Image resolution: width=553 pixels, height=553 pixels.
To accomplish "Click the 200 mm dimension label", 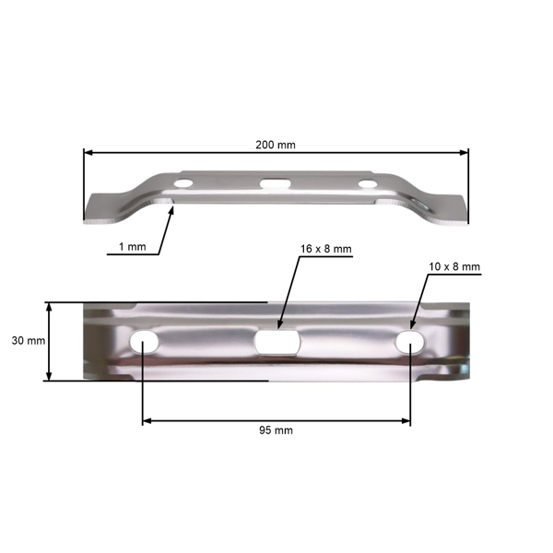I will pos(276,145).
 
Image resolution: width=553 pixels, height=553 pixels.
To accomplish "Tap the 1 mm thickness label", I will pos(132,248).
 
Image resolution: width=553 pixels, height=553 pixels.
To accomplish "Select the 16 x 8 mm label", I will pos(326,249).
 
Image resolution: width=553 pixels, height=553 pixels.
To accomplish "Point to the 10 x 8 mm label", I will pos(454,266).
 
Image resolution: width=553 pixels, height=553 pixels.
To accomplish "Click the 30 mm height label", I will pos(28,341).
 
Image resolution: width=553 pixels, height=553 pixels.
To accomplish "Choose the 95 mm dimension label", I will pos(276,430).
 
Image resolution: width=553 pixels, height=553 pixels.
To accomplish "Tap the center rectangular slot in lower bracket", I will pos(276,342).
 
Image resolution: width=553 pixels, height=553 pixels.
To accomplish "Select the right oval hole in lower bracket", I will pos(409,342).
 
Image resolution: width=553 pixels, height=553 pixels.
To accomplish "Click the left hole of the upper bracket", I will pos(183,184).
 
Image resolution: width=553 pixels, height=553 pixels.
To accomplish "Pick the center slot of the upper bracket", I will pos(273,184).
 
